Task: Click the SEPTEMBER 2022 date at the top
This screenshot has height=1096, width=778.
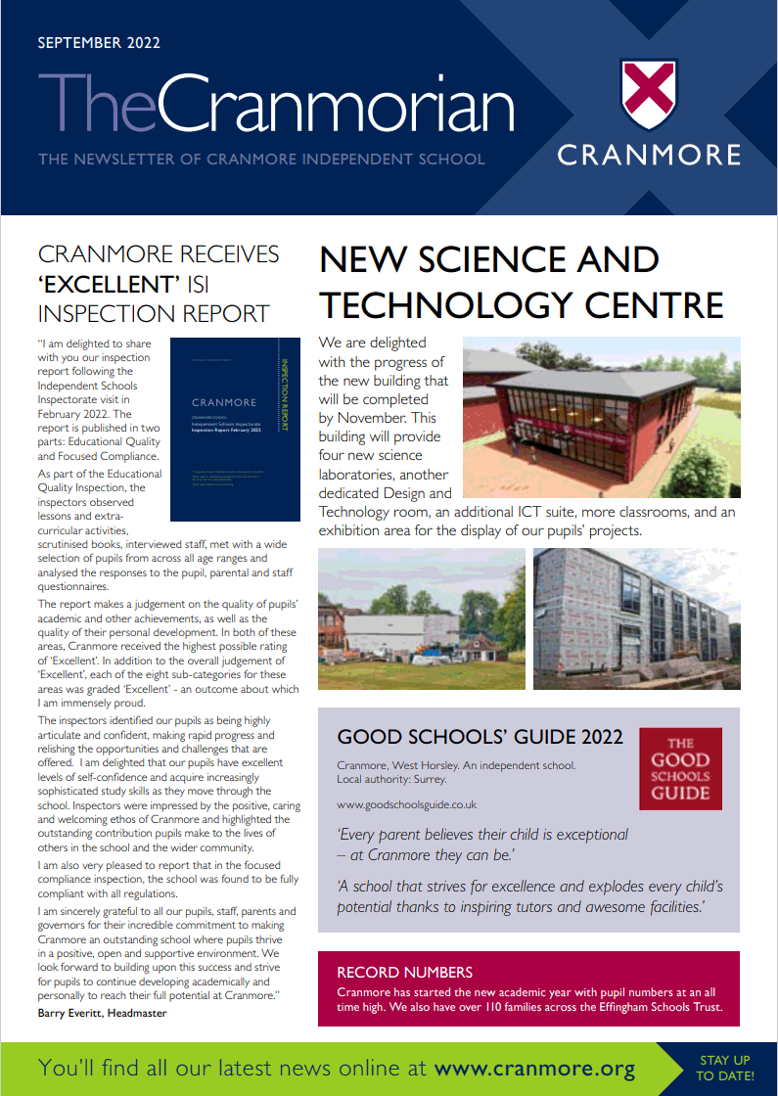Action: tap(98, 43)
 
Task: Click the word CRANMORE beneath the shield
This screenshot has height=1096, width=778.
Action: tap(649, 155)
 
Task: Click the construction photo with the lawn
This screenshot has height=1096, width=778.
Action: tap(421, 618)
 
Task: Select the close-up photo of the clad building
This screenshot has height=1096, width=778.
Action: tap(636, 618)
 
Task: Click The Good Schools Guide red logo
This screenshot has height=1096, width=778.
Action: tap(680, 768)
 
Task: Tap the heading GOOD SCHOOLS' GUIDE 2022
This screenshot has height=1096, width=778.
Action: tap(480, 737)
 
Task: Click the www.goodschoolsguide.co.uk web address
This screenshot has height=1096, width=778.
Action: tap(406, 804)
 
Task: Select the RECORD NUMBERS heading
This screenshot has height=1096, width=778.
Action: tap(404, 972)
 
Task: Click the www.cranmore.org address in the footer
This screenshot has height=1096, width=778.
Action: tap(534, 1068)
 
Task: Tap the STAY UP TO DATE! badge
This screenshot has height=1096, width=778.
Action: tap(725, 1068)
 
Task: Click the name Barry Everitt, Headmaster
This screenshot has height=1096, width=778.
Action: tap(102, 1013)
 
